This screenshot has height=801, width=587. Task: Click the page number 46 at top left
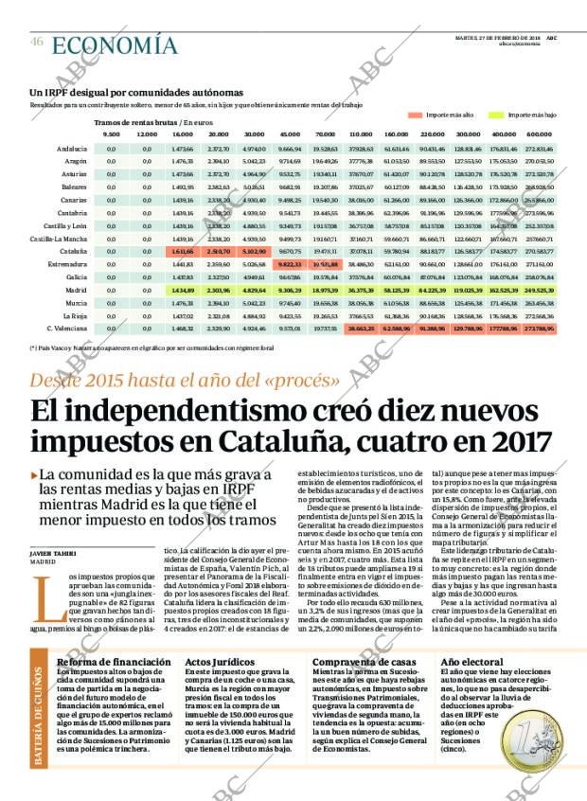pyautogui.click(x=36, y=41)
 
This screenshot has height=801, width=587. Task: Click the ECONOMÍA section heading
pyautogui.click(x=115, y=44)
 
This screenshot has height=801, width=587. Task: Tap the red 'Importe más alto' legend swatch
pyautogui.click(x=413, y=115)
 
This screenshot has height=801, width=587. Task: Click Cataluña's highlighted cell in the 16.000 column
pyautogui.click(x=183, y=252)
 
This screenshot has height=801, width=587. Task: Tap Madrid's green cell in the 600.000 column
pyautogui.click(x=539, y=290)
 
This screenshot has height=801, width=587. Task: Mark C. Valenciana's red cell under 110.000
pyautogui.click(x=361, y=328)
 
